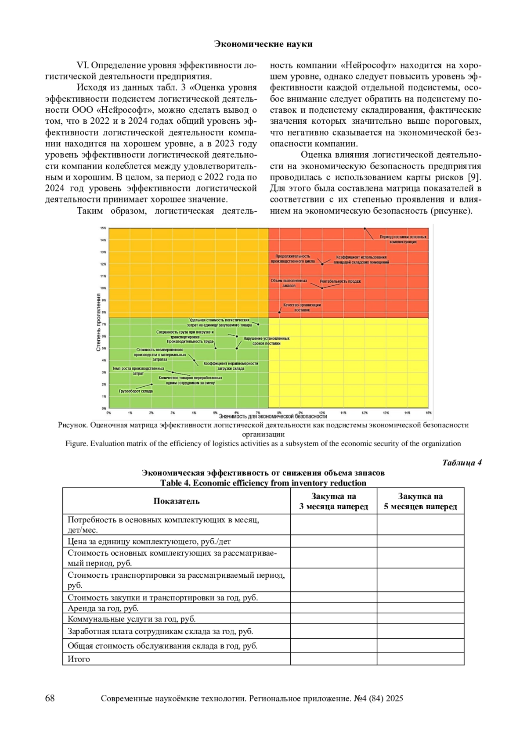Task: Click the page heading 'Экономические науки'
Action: click(x=263, y=44)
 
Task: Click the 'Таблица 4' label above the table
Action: click(x=462, y=463)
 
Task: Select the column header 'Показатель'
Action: click(x=176, y=501)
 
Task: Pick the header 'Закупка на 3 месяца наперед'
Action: click(x=333, y=501)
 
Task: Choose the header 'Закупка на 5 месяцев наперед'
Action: click(x=420, y=501)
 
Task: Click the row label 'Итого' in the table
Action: click(x=79, y=659)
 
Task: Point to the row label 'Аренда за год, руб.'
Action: click(x=103, y=608)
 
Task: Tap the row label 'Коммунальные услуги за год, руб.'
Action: click(x=131, y=619)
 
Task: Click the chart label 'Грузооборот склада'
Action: click(x=136, y=391)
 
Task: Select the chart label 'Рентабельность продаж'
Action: click(x=340, y=281)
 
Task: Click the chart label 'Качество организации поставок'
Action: click(x=302, y=307)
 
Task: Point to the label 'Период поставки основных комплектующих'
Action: click(x=403, y=239)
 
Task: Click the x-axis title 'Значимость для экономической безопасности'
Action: click(x=273, y=416)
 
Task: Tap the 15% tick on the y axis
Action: click(x=103, y=228)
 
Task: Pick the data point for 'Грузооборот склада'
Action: click(x=152, y=384)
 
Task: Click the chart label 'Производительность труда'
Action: click(x=190, y=341)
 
